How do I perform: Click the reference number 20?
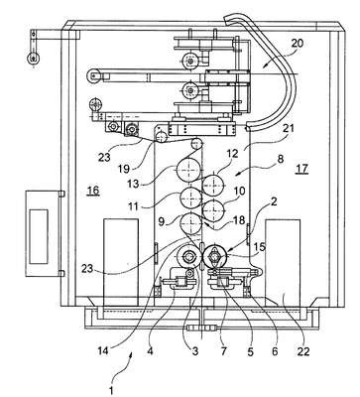click(x=298, y=44)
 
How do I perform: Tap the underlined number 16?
click(x=93, y=191)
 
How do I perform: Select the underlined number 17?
click(x=301, y=169)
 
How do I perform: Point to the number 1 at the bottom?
click(x=111, y=390)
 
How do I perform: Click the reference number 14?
click(x=104, y=349)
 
